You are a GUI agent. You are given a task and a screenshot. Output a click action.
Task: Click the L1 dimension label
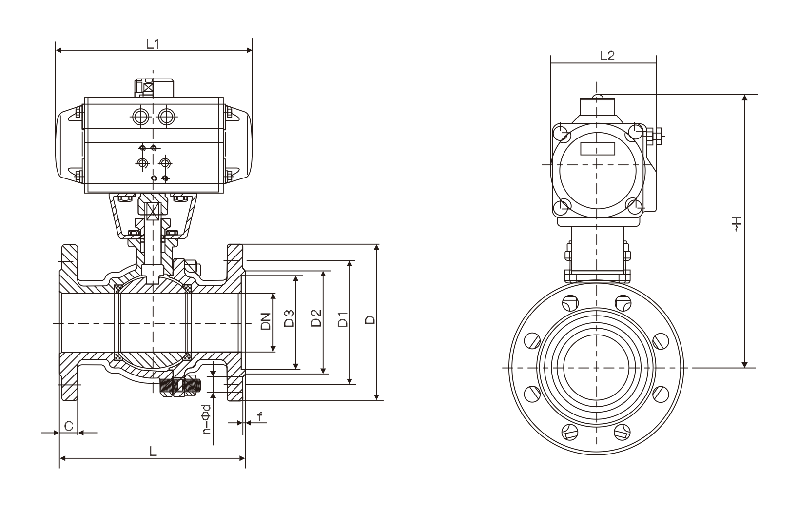[153, 44]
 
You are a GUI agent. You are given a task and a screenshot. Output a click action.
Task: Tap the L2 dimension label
[606, 56]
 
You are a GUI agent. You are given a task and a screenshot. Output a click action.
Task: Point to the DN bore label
[266, 322]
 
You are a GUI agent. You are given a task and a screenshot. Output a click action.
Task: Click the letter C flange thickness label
[69, 426]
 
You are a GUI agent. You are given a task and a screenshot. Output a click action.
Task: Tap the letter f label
[259, 417]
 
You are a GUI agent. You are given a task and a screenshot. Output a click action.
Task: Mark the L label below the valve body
[153, 452]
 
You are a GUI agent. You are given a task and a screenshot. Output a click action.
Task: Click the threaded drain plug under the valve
[180, 386]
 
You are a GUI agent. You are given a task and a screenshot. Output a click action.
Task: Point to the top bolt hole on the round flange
[569, 303]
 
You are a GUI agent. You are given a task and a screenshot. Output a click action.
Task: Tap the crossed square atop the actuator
[147, 88]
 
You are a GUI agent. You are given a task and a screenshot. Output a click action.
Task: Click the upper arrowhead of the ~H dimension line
[744, 98]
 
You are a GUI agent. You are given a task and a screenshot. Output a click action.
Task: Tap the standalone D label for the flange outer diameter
[370, 320]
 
